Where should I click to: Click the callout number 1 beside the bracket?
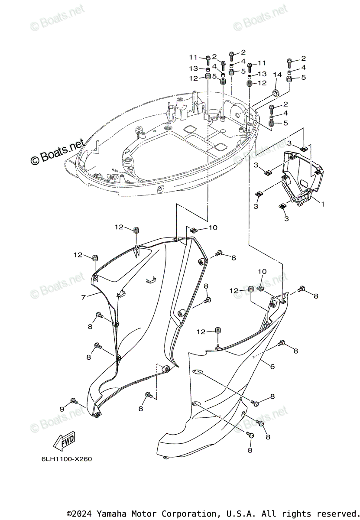coord(322,203)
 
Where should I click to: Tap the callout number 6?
coord(272,367)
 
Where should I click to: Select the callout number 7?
coord(84,298)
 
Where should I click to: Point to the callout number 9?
coord(62,409)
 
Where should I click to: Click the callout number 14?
coord(277,75)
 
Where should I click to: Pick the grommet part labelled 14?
coord(275,92)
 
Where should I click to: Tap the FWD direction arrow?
coord(64,441)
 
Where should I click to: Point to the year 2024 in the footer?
coord(82,513)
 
